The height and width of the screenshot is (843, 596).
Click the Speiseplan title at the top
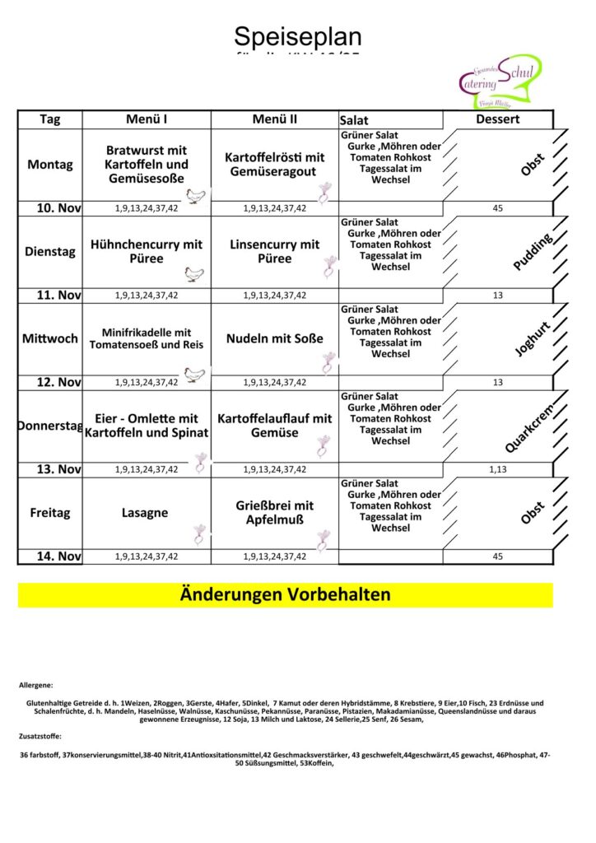pyautogui.click(x=297, y=37)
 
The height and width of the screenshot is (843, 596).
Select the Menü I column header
pyautogui.click(x=147, y=119)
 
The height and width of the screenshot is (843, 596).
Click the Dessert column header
pyautogui.click(x=497, y=119)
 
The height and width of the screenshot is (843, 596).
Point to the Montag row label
pyautogui.click(x=50, y=164)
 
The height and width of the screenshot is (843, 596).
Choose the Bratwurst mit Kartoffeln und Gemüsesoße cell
pyautogui.click(x=147, y=164)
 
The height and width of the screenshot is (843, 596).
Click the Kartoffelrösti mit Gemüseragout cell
pyautogui.click(x=274, y=164)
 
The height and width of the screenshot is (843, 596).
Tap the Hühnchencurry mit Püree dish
pyautogui.click(x=147, y=251)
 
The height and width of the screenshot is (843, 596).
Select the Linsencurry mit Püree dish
pyautogui.click(x=274, y=251)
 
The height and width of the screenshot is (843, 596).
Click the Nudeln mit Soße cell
pyautogui.click(x=274, y=338)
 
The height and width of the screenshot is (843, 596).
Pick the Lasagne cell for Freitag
pyautogui.click(x=145, y=512)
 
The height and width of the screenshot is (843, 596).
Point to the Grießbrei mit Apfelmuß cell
pyautogui.click(x=274, y=512)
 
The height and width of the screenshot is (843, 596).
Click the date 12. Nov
pyautogui.click(x=58, y=382)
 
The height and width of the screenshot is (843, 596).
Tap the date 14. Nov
pyautogui.click(x=58, y=557)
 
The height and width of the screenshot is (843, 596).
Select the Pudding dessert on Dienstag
pyautogui.click(x=533, y=251)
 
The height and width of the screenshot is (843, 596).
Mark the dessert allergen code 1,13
pyautogui.click(x=497, y=469)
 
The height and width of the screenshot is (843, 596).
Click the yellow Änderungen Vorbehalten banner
pyautogui.click(x=285, y=594)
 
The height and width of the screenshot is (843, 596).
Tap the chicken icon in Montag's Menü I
pyautogui.click(x=196, y=196)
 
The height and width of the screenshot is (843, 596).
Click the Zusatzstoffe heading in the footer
pyautogui.click(x=40, y=736)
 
